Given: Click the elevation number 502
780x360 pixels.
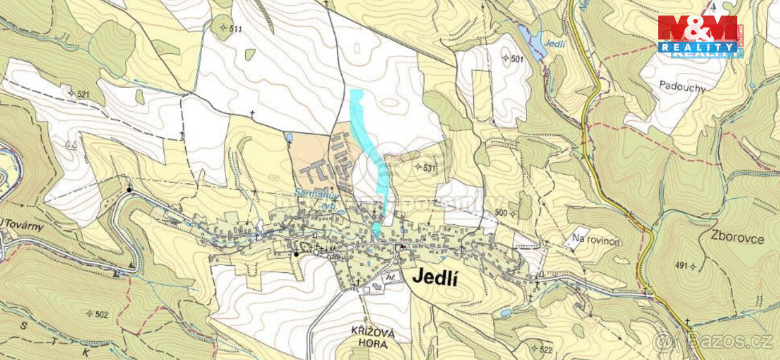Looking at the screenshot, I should point(99,314).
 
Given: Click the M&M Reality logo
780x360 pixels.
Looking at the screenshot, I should point(699,36).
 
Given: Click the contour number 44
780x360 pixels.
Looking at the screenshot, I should point(71,146).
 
